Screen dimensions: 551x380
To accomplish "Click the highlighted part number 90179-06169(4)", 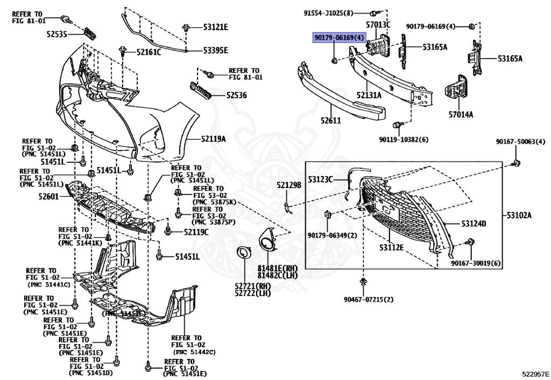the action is tap(339, 37).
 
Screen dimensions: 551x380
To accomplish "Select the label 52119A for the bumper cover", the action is tap(213, 139).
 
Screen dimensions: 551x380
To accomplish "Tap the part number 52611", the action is tap(331, 120).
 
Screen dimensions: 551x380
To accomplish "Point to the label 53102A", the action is tap(519, 215).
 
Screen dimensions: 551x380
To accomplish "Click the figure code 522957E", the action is tap(535, 374).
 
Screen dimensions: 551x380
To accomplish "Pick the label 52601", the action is tap(48, 197).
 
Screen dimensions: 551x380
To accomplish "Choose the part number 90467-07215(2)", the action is tap(368, 299).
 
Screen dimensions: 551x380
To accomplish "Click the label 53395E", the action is tap(215, 51).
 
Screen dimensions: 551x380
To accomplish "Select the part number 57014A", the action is tap(461, 114).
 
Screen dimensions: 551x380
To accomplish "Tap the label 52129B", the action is tap(289, 185).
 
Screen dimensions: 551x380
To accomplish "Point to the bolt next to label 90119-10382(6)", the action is tap(395, 125).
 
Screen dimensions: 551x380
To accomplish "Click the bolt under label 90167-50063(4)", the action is tap(516, 163).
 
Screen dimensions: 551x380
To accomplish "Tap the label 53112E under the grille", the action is tap(391, 247).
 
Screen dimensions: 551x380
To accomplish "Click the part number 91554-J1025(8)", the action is tap(328, 13).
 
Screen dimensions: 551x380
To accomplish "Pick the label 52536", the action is tap(236, 95).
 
